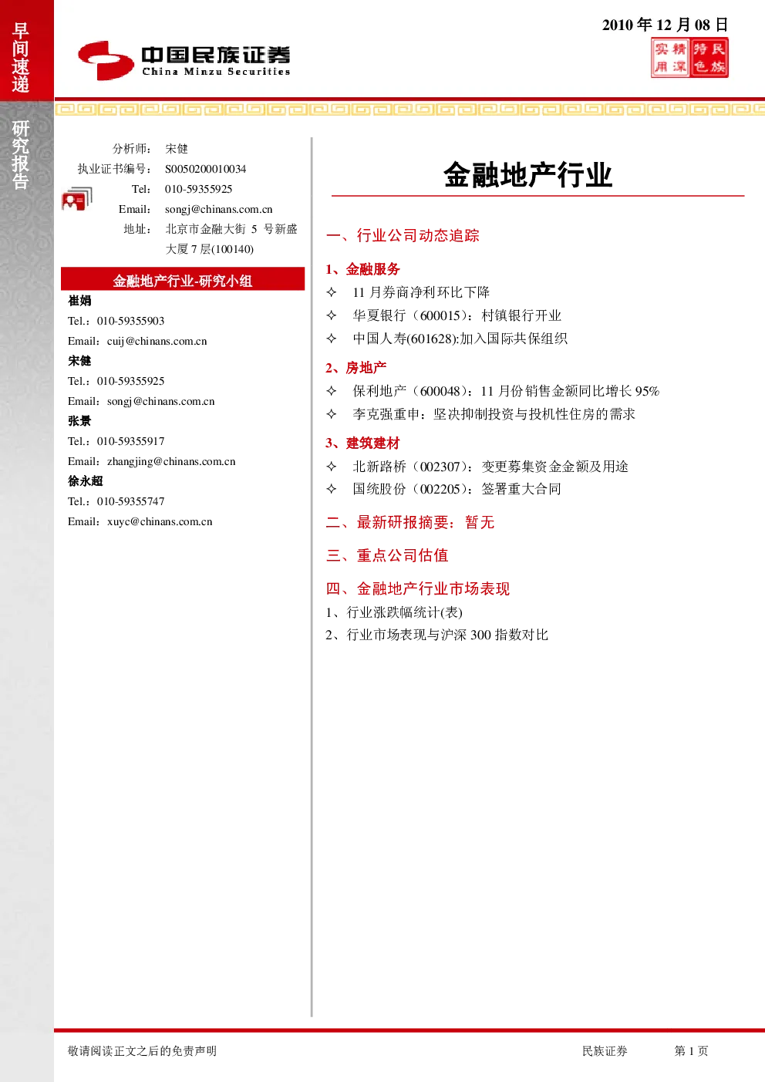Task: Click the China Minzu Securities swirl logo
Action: [106, 60]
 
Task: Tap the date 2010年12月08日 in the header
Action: [665, 25]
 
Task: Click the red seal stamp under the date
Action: [689, 58]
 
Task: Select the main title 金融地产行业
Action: [528, 174]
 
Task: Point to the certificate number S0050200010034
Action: [205, 169]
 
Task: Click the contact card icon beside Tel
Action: [77, 199]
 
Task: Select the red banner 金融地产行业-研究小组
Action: [183, 279]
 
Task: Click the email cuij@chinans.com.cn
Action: [157, 341]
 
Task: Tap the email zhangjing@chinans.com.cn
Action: [171, 461]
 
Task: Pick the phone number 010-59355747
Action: [130, 501]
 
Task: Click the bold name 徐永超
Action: [86, 481]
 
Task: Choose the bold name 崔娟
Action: [79, 301]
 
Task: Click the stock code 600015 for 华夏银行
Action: [440, 315]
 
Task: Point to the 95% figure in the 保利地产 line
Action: [647, 391]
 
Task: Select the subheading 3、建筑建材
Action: [362, 443]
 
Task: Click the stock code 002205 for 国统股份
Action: [440, 489]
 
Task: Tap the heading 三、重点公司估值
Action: [387, 555]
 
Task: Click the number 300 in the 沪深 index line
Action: [480, 635]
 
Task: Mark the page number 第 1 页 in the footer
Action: [691, 1050]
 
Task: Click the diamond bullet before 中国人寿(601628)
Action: [332, 338]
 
